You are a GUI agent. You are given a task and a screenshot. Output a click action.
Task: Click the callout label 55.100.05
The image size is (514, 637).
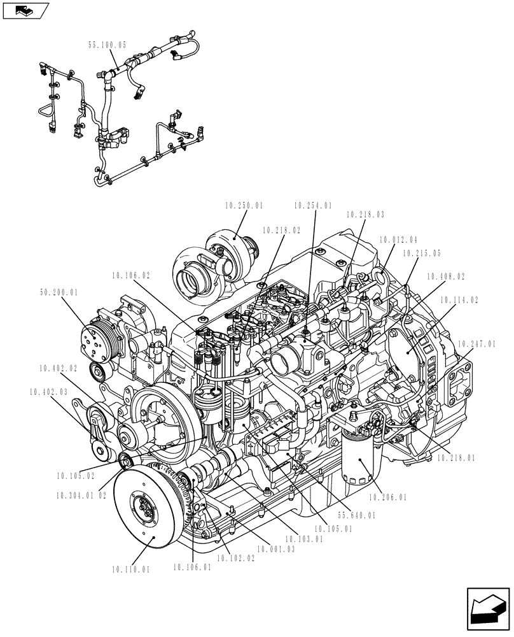pos(108,45)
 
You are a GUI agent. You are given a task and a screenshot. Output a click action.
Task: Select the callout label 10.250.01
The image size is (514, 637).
pos(243,206)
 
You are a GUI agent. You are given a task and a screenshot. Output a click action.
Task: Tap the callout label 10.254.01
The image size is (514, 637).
pos(312,206)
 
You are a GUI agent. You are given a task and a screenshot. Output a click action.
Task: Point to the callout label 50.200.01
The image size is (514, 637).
pos(59,292)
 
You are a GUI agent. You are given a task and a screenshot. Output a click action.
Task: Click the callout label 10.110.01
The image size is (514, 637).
pos(130,569)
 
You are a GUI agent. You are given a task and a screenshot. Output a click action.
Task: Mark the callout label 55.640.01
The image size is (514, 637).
pos(356,515)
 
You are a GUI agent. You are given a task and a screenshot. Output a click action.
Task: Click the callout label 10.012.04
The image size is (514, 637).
pos(398,240)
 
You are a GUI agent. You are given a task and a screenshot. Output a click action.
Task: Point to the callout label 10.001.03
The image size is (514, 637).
pos(276,548)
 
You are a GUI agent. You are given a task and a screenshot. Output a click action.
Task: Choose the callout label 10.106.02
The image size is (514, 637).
pos(130,276)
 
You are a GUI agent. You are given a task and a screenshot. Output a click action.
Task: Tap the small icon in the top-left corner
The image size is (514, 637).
pos(25,10)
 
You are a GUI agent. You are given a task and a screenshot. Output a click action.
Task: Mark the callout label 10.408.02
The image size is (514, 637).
pos(445,276)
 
